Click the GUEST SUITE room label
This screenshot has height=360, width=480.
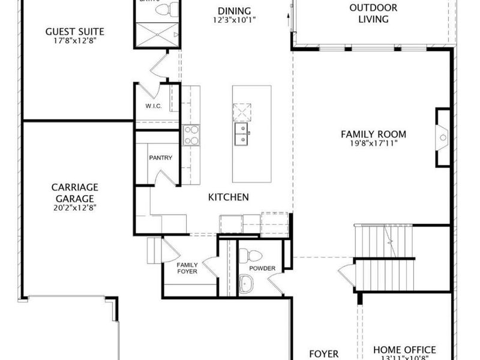pos(75,31)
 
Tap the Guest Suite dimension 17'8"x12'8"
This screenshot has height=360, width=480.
pos(75,41)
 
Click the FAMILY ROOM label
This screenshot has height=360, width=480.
pos(373,134)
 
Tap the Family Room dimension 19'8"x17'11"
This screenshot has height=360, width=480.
pos(373,143)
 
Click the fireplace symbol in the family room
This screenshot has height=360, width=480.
pos(443,137)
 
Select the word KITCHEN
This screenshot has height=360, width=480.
pos(228,197)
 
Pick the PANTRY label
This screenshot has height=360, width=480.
pos(160,158)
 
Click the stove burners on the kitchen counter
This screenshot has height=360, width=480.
pos(190,134)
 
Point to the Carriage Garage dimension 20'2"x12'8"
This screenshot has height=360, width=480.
pos(74,208)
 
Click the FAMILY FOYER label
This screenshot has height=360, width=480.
pos(187,268)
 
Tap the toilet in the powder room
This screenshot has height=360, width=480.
pos(246,257)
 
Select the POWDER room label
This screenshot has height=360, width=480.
pos(262,269)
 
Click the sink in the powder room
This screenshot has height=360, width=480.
pos(246,284)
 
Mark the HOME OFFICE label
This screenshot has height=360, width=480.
pos(404,350)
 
